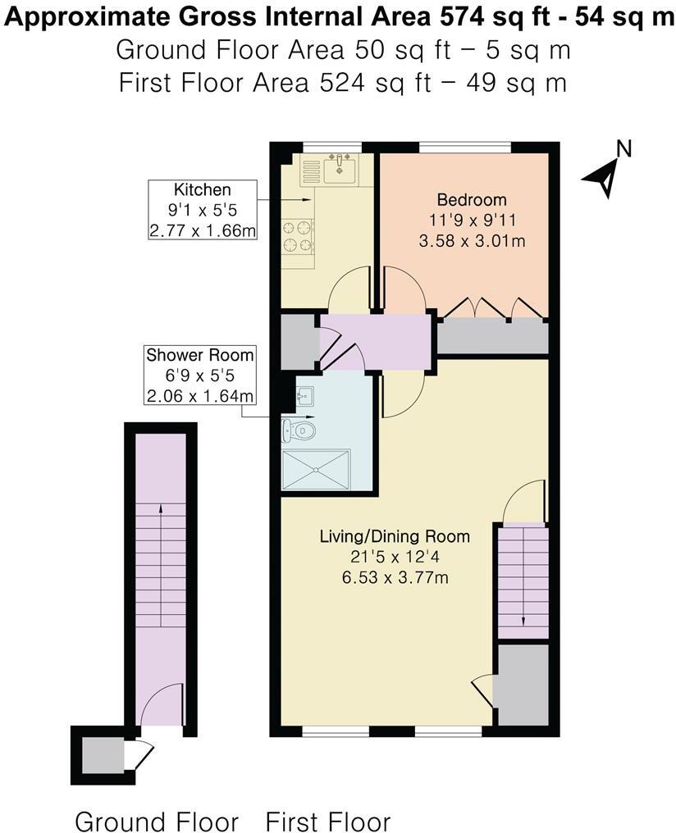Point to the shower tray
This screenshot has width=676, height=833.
click(316, 471)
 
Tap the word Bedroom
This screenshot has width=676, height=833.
click(471, 199)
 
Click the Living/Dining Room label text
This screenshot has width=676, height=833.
click(395, 537)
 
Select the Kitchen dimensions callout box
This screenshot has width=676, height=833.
click(202, 211)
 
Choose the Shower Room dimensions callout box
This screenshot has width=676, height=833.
click(199, 376)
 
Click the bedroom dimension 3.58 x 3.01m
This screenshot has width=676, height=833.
click(471, 241)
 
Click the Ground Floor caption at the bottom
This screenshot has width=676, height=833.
click(157, 821)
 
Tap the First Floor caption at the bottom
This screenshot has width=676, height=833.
click(328, 821)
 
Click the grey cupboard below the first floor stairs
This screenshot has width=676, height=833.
click(523, 685)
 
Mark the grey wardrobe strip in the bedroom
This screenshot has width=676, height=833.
click(492, 337)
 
